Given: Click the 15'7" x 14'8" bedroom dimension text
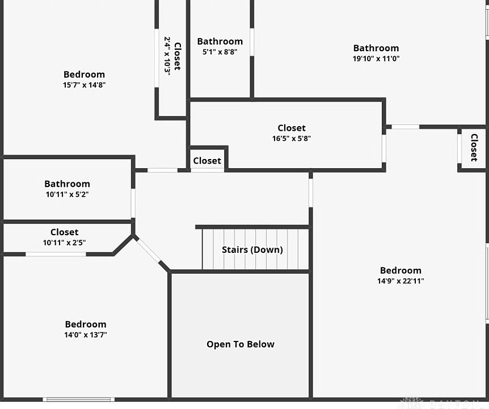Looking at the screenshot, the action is point(84,85).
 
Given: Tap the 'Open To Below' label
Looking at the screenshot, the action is point(241,344).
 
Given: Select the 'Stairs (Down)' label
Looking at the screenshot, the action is point(252,250).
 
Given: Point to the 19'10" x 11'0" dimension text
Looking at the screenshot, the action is point(376,59).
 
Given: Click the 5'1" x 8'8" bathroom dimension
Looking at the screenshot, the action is point(220,52).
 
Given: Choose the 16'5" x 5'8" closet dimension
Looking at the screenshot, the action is point(292,138).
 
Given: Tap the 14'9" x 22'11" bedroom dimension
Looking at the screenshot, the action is point(401,281).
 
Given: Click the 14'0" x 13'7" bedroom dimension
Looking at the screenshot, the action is point(86,335).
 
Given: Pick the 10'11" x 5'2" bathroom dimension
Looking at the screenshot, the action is point(67,194).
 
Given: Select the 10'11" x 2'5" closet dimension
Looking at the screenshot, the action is point(64,243).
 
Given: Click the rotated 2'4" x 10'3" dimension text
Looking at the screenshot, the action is point(167,56).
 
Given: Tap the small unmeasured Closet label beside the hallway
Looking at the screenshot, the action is point(207,161).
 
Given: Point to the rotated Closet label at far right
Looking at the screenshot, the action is point(474,148).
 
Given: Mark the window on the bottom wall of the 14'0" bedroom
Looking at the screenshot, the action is point(79,399).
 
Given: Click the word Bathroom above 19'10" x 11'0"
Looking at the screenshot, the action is point(376,48).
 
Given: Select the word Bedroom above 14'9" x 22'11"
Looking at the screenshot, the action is point(401,270).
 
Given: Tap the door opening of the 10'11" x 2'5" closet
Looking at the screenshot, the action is point(56,254).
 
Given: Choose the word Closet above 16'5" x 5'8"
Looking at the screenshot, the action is point(292,128).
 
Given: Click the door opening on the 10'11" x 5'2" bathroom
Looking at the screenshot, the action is point(133,203).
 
